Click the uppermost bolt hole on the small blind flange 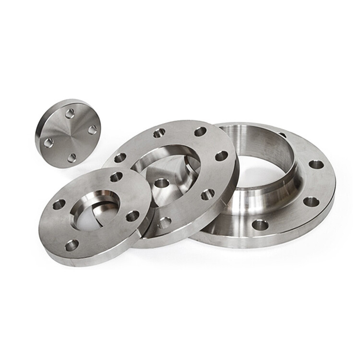70,112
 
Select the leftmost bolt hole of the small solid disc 48,142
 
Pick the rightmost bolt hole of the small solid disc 93,128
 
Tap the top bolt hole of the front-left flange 116,177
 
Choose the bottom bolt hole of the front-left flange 72,245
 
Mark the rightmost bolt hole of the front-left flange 132,216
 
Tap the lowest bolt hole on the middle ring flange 164,222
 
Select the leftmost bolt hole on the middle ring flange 120,158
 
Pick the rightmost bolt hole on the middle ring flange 221,156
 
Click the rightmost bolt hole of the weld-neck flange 316,164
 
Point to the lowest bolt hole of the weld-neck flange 260,224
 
